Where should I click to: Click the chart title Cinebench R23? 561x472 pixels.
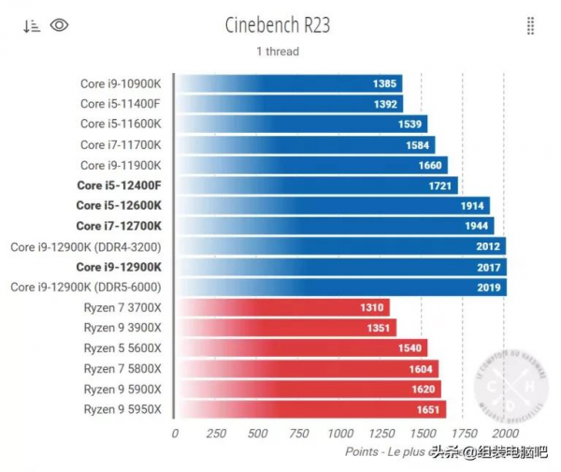[x=278, y=23]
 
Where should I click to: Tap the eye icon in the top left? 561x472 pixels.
[x=60, y=25]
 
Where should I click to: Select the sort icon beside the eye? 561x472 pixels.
[x=32, y=25]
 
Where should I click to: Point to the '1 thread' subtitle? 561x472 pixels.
[x=278, y=51]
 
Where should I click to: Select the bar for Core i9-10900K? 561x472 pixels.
[x=289, y=83]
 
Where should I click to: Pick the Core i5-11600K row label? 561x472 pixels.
[x=121, y=124]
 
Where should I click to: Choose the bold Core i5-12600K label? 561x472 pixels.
[x=119, y=205]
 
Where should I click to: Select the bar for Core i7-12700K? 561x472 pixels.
[x=334, y=226]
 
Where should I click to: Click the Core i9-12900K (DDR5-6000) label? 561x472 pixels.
[x=86, y=287]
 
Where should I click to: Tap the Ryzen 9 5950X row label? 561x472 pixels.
[x=122, y=409]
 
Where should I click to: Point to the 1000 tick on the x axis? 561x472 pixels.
[x=339, y=434]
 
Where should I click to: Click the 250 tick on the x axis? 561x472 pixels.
[x=216, y=434]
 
